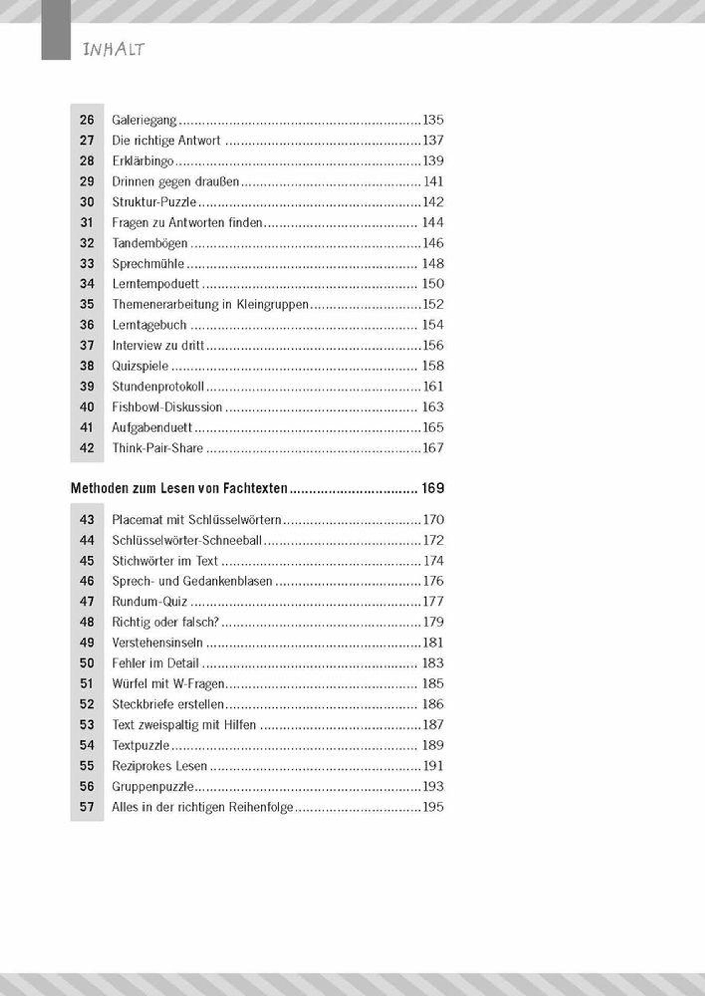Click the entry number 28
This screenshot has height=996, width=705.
point(87,161)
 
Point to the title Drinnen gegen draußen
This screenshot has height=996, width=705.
point(175,182)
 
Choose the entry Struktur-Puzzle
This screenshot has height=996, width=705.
point(154,202)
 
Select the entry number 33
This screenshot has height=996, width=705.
point(87,264)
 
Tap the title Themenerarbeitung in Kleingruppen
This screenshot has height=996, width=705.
point(210,304)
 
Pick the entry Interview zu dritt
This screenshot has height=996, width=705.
point(158,345)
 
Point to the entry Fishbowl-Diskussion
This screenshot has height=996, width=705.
point(167,407)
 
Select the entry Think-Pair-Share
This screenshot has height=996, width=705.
point(157,448)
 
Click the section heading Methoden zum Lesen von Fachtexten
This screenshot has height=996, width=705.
point(179,488)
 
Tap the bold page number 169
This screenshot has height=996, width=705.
point(433,488)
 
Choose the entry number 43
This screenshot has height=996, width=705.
point(87,520)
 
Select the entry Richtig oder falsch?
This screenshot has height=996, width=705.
point(165,622)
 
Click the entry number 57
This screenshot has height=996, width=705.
point(87,807)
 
